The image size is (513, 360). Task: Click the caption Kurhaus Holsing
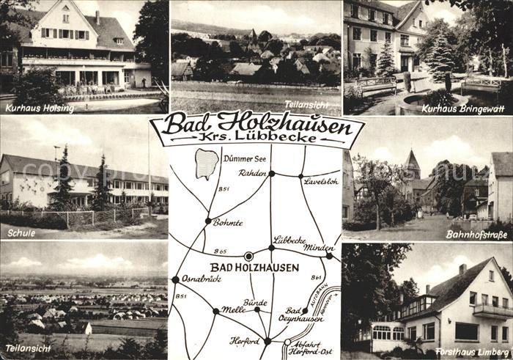tap(40, 109)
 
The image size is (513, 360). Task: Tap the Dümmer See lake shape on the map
tap(207, 164)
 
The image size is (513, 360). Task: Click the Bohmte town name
tap(227, 222)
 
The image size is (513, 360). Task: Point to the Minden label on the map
tap(320, 248)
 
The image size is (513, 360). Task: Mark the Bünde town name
tap(255, 301)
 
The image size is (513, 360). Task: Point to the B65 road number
tap(220, 251)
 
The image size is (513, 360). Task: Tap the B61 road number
tap(317, 278)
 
